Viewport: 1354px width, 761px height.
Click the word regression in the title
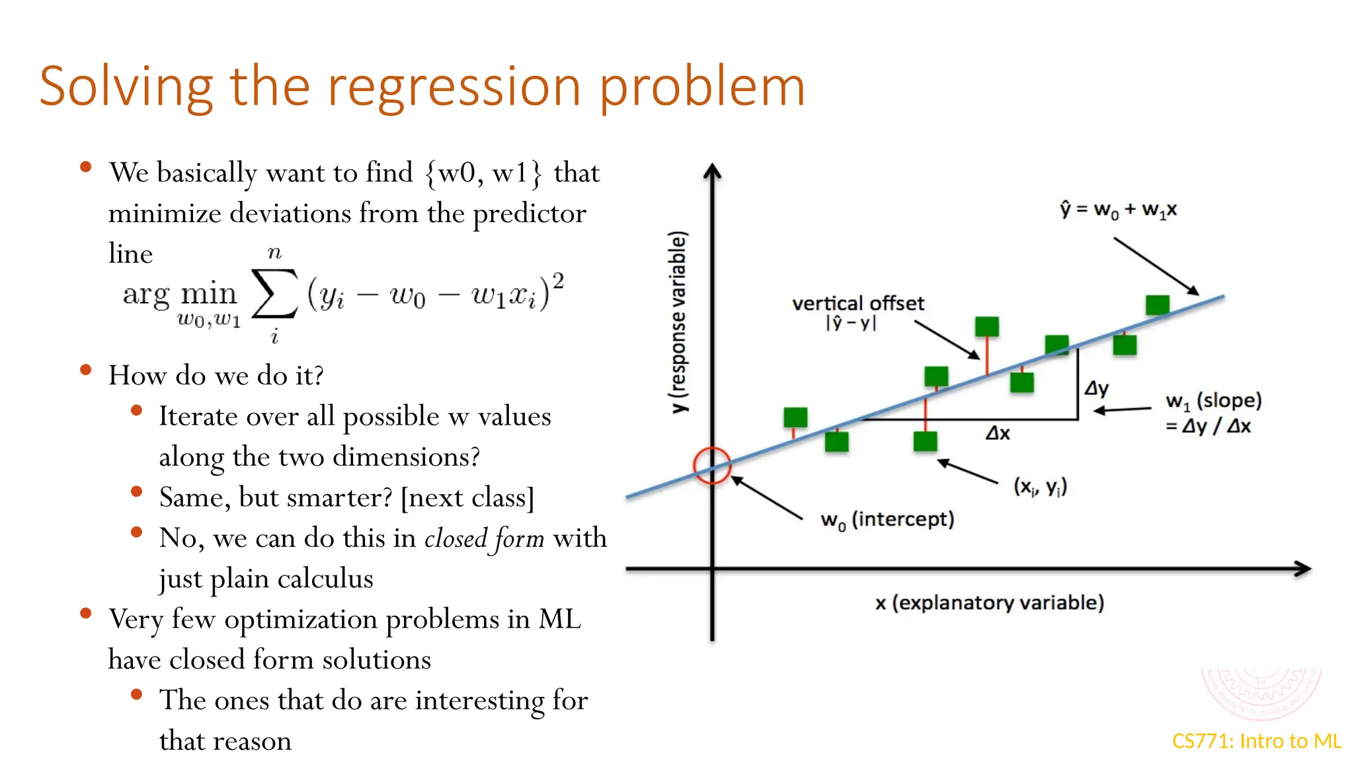454,87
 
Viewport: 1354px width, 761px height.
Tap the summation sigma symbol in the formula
274,294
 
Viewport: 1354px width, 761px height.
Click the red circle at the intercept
712,466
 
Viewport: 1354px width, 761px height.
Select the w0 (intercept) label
887,520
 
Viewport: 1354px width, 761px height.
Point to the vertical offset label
858,304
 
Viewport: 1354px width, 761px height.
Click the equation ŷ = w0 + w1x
1118,210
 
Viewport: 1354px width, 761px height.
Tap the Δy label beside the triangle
1097,388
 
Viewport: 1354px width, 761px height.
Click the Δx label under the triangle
998,433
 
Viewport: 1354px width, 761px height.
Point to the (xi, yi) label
1040,487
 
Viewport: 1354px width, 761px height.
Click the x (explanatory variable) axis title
989,602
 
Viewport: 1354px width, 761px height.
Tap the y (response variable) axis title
678,322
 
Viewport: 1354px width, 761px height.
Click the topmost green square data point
1158,305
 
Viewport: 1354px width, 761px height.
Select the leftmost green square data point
795,417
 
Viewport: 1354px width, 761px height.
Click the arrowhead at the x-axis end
1303,569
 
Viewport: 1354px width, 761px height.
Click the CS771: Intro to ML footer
1256,741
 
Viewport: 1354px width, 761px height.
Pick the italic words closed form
484,538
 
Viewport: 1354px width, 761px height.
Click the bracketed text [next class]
467,497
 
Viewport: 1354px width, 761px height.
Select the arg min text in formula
179,294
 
